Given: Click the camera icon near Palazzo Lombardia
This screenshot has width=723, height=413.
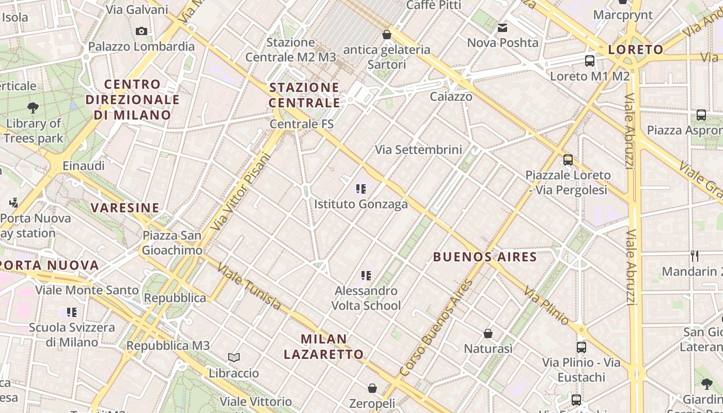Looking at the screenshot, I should coord(141,31).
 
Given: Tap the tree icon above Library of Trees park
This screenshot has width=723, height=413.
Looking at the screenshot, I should coord(33,108).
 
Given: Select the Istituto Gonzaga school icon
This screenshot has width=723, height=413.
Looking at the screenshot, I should coord(361,189).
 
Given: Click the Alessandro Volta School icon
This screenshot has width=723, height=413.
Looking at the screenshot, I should coord(366,276).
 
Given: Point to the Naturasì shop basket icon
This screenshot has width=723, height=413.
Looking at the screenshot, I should coord(488,333).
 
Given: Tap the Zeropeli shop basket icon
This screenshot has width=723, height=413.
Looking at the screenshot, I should coord(372,388).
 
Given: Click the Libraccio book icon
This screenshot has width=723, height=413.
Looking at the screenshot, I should coord(234,357).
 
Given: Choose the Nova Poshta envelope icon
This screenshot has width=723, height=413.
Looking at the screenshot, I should coord(502,28).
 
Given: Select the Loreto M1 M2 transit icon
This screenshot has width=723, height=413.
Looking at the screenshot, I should coord(590,61).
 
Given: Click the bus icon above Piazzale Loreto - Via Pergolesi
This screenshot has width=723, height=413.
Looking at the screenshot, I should coord(568,160).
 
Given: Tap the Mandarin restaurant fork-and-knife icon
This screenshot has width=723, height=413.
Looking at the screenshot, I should coord(695,256).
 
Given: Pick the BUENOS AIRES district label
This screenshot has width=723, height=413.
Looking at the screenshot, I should coord(485,257).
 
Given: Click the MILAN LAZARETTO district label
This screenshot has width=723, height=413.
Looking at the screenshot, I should coord(324,346).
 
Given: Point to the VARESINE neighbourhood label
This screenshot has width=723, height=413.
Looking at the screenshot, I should coord(125,208).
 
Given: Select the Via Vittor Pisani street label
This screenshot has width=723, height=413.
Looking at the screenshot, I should coord(242,192).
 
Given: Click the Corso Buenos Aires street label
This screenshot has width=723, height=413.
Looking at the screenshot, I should coord(436,328).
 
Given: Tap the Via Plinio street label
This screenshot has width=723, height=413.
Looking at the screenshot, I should coord(546,305).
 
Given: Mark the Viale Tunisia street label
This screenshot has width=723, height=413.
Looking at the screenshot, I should coord(249,287).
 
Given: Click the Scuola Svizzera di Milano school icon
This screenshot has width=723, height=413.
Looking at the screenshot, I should coord(72,312).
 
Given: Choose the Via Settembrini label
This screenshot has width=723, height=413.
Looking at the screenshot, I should coord(418,150).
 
